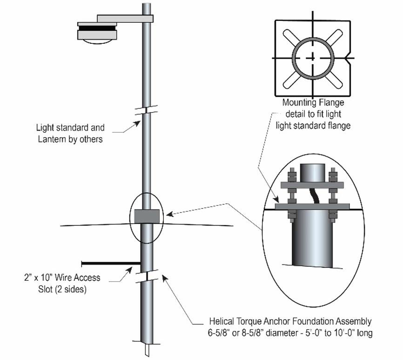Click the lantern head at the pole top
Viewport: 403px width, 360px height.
pyautogui.click(x=97, y=34)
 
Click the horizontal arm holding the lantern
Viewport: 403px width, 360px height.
pyautogui.click(x=124, y=19)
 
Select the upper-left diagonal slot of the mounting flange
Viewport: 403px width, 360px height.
pyautogui.click(x=292, y=38)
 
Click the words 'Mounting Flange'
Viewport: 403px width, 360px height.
pyautogui.click(x=313, y=102)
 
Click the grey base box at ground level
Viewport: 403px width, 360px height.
pyautogui.click(x=147, y=216)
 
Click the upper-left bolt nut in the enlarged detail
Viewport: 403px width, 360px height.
pyautogui.click(x=292, y=177)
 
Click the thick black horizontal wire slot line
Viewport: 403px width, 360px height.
pyautogui.click(x=111, y=263)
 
